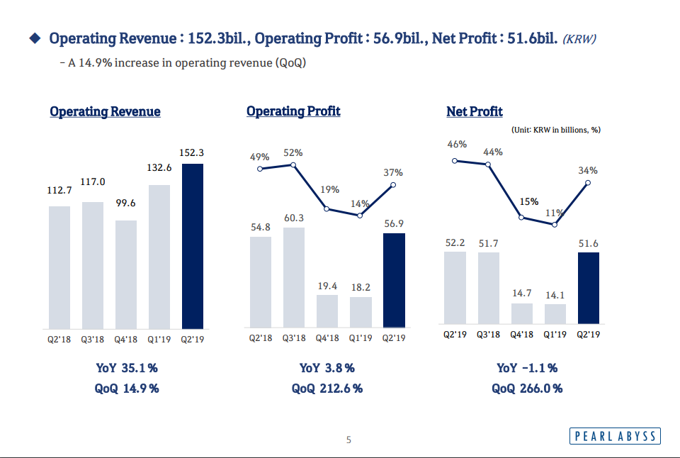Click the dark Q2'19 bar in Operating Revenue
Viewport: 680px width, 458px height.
193,246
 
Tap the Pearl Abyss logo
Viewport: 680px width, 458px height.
614,436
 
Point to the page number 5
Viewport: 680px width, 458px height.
348,440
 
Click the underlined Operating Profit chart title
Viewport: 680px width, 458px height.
293,111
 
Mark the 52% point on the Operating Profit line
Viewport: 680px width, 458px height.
293,164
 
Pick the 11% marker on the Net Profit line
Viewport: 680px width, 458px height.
555,224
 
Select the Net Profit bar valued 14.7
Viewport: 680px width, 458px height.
521,313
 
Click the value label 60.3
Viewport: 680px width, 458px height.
294,218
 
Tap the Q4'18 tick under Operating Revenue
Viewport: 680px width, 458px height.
126,340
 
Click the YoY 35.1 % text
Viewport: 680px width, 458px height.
127,368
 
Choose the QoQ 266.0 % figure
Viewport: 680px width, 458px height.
527,388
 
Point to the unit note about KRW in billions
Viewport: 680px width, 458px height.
556,130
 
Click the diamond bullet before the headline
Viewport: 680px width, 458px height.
34,38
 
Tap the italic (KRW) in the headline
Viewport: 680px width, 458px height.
579,39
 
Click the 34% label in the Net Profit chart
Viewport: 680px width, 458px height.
588,170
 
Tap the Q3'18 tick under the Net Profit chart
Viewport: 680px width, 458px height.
488,335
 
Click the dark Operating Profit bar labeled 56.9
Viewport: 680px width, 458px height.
394,279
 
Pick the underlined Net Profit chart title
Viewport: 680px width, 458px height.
475,111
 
